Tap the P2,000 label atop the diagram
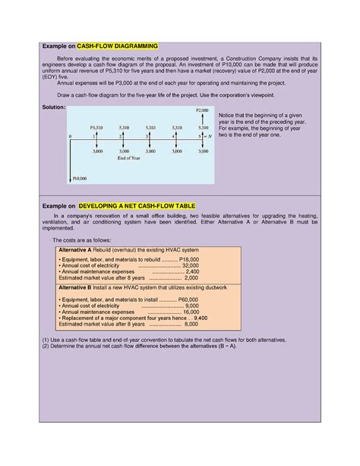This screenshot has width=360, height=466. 202,110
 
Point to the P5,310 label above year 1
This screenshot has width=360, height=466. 96,127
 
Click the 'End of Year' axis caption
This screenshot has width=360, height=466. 130,159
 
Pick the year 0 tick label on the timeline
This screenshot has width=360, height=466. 70,135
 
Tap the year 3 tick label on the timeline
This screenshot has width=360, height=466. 147,135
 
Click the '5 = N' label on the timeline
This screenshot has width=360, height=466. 202,135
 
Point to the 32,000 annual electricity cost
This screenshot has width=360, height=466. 190,265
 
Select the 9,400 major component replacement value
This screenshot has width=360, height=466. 201,318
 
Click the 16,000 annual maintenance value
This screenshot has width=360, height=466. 189,312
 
